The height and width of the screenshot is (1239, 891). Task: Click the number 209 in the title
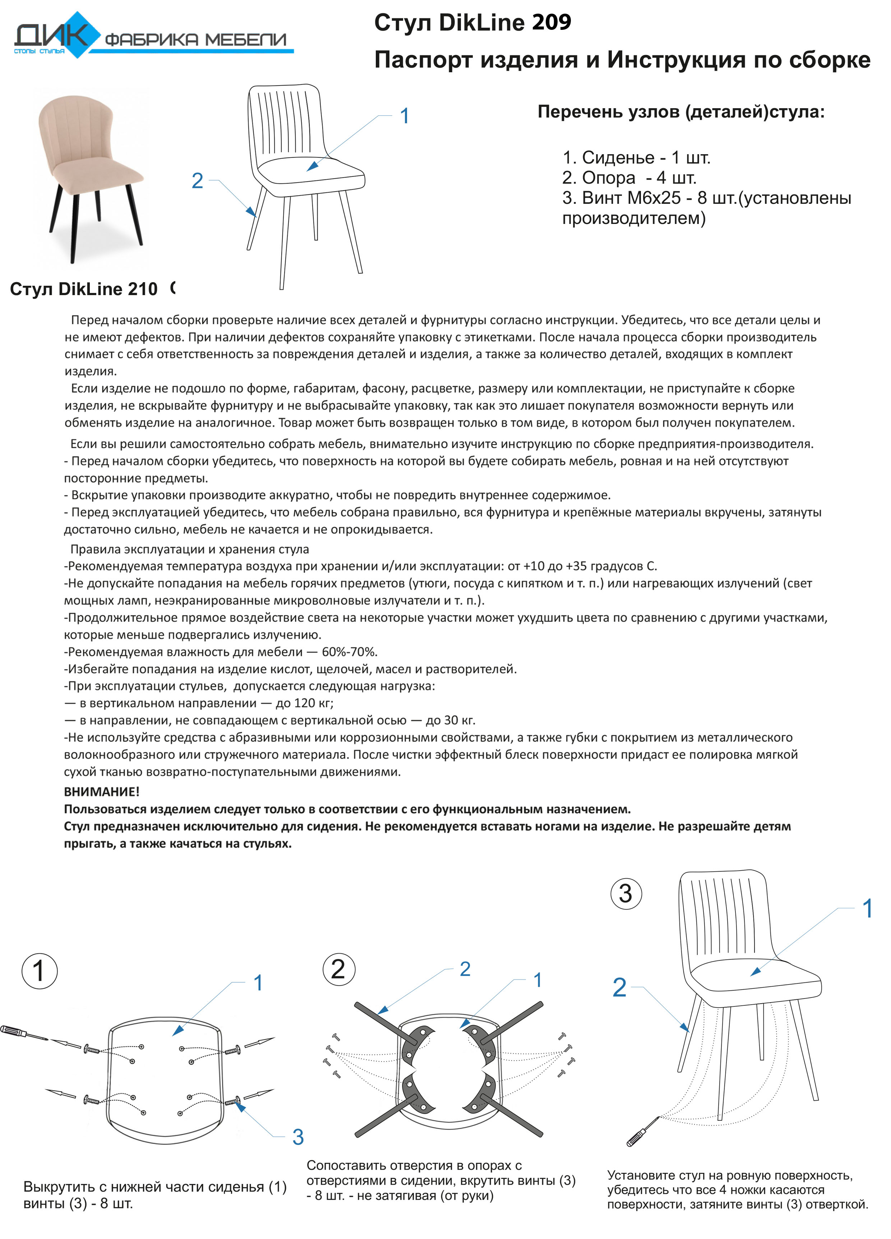pyautogui.click(x=551, y=22)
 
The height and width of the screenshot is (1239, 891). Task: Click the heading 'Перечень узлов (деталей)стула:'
pyautogui.click(x=681, y=112)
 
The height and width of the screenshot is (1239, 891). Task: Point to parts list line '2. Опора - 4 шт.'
pyautogui.click(x=629, y=178)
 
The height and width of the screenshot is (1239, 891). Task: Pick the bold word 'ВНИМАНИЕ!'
pyautogui.click(x=102, y=791)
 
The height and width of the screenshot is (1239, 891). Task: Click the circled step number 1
pyautogui.click(x=39, y=971)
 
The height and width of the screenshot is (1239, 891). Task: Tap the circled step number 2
pyautogui.click(x=338, y=970)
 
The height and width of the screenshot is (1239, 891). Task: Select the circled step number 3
pyautogui.click(x=625, y=893)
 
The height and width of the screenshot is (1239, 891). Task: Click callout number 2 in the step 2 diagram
pyautogui.click(x=465, y=969)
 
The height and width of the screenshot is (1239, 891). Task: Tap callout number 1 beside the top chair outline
pyautogui.click(x=405, y=116)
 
